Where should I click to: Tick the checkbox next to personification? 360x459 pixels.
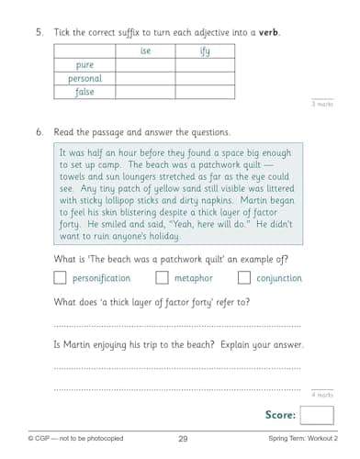point(61,277)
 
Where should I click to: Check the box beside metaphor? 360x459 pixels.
point(162,277)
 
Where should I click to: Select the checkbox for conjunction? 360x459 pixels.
point(243,277)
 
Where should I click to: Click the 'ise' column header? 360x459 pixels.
point(145,51)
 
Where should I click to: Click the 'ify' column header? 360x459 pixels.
point(205,51)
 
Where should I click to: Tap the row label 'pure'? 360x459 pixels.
point(85,65)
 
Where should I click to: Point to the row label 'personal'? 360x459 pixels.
point(85,78)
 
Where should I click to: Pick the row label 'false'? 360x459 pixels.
point(85,92)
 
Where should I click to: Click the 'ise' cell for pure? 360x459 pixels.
point(145,65)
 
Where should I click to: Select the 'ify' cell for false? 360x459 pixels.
point(205,92)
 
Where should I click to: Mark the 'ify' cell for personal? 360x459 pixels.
point(205,78)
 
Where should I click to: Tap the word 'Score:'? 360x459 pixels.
point(280,416)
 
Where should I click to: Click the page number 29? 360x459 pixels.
point(183,440)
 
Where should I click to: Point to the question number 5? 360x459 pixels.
point(39,32)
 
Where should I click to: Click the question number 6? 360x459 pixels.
point(39,131)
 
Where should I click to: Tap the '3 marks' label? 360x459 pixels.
point(321,104)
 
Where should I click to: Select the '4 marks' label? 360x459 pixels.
point(321,394)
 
